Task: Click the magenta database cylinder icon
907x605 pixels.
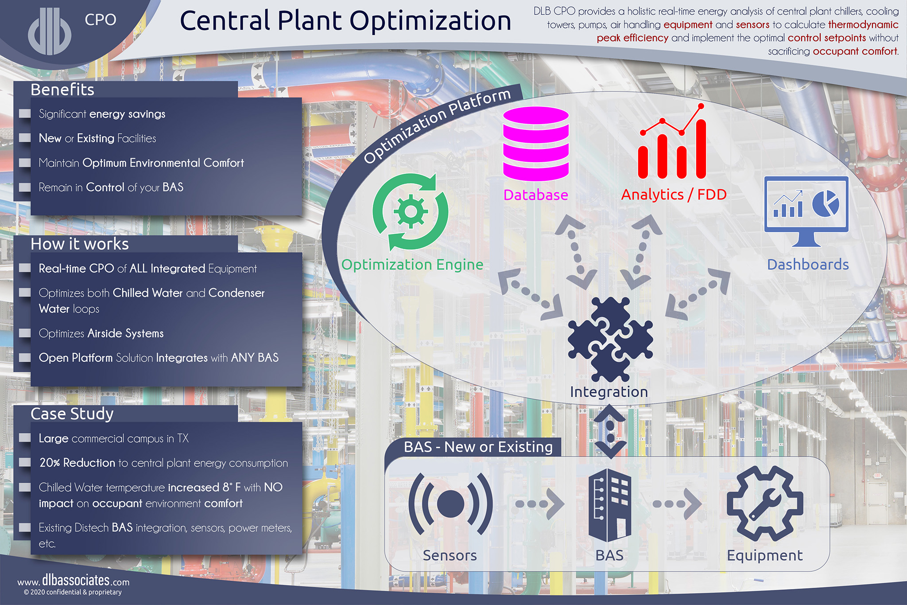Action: [x=536, y=144]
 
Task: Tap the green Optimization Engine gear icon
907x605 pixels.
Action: [x=411, y=212]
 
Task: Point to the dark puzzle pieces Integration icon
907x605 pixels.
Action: [x=610, y=340]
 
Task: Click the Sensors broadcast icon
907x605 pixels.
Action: [x=450, y=504]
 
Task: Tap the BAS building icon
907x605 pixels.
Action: [x=610, y=505]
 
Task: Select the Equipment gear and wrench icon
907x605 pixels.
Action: [x=765, y=504]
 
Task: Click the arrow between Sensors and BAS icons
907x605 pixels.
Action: [x=540, y=504]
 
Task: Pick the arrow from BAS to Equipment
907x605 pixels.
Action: [x=677, y=504]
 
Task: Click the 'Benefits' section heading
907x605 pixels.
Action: [x=62, y=90]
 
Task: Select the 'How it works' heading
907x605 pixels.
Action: [x=80, y=244]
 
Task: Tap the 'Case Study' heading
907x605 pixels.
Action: [x=72, y=414]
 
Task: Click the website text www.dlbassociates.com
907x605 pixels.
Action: [x=74, y=581]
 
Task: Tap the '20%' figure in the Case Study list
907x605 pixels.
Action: [x=50, y=463]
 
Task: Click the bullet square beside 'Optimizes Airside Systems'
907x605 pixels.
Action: [x=25, y=333]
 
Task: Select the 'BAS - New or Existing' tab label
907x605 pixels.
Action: [x=478, y=447]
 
